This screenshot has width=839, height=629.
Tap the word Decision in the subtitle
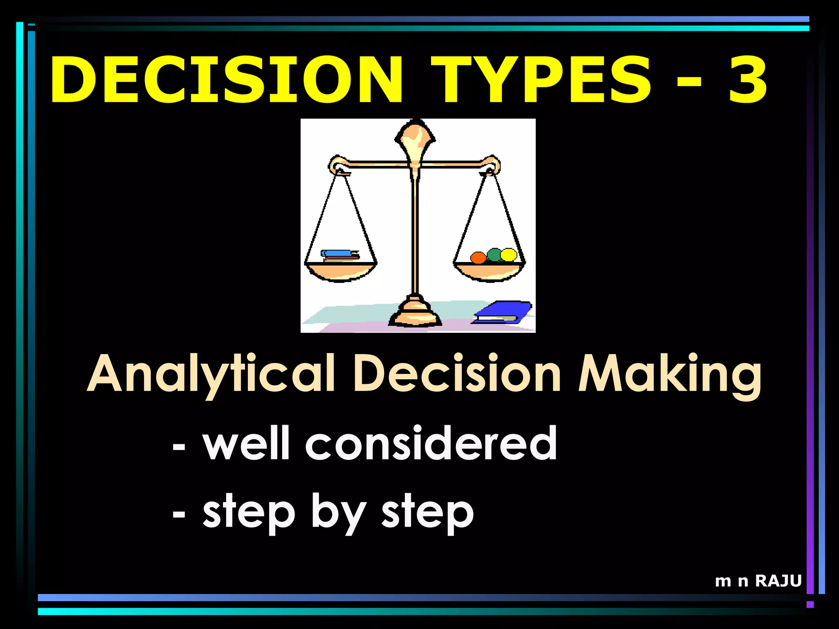pos(457,373)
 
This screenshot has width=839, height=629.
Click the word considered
pos(431,443)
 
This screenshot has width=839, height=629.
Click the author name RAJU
pos(778,581)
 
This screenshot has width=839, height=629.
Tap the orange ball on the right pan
pos(478,258)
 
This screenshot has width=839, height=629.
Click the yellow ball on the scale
pos(509,255)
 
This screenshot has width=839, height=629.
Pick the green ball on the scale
pos(494,254)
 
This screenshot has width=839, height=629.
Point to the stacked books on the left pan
pos(340,256)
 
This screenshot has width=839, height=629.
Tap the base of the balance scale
pos(415,313)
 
